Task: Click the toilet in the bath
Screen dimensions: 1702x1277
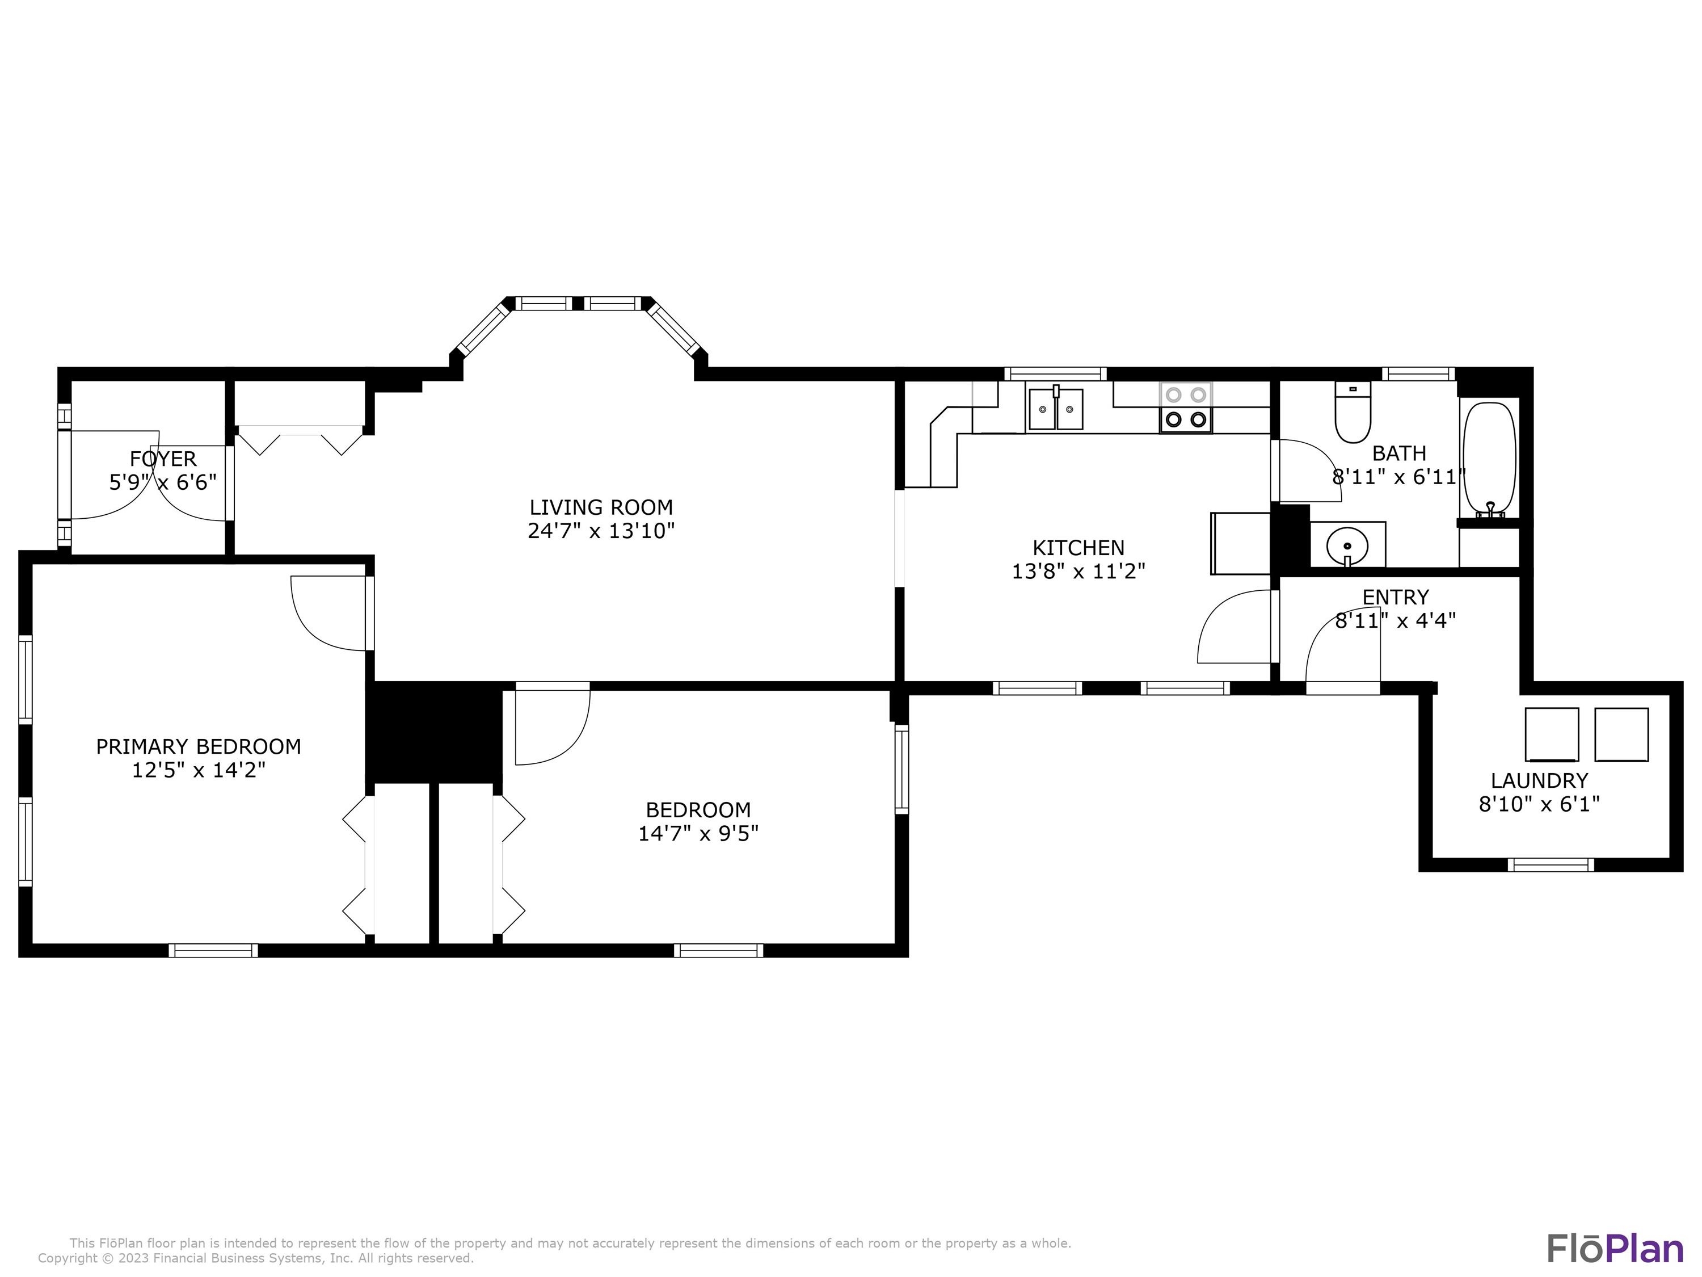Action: click(1353, 413)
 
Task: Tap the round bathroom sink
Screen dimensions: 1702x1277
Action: click(1347, 546)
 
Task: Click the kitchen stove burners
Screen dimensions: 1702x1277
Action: click(1186, 407)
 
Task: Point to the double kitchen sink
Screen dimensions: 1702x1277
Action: click(1056, 409)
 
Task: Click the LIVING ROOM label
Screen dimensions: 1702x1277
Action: click(601, 507)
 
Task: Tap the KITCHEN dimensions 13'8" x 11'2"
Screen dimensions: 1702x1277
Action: click(1079, 571)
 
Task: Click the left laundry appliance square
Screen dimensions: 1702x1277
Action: click(1552, 734)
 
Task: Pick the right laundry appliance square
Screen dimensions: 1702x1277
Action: click(1621, 734)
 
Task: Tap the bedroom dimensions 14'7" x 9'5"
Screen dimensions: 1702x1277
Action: click(698, 833)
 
